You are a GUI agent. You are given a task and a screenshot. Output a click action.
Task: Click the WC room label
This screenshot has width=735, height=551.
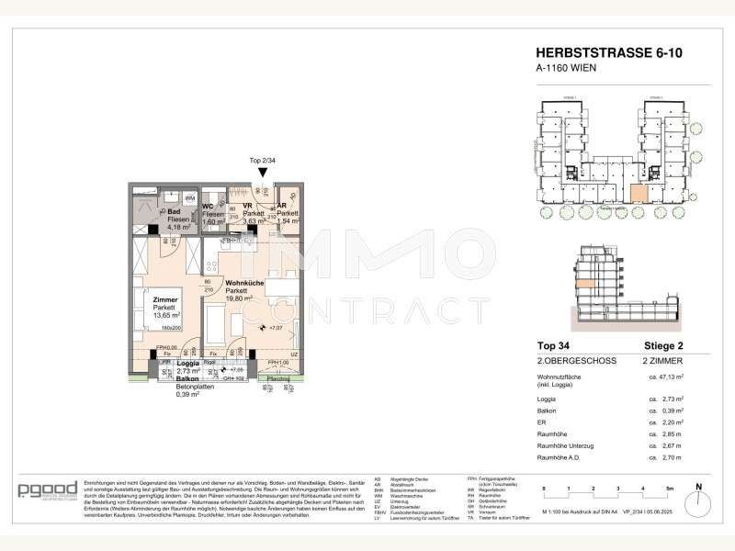[209, 208]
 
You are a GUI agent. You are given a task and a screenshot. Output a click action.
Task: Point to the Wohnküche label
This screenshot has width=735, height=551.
[245, 284]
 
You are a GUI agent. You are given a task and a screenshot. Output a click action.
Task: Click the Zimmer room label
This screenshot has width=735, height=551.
[166, 300]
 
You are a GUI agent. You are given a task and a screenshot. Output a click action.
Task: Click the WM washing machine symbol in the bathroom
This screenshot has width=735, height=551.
[189, 197]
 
